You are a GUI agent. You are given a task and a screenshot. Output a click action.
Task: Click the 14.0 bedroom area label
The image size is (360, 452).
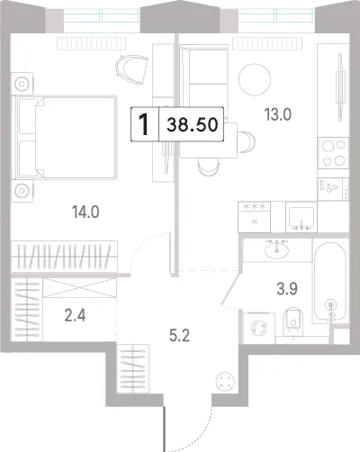[85, 212]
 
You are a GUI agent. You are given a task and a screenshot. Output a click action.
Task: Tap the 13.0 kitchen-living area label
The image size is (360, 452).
[277, 114]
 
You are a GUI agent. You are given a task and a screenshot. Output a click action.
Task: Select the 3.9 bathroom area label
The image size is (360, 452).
[287, 289]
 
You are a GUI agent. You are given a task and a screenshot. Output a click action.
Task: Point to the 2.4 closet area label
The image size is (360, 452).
[75, 316]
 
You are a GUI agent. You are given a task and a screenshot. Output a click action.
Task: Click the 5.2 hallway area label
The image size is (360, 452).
[179, 336]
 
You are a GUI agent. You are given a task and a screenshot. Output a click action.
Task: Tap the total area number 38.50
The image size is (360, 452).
[193, 124]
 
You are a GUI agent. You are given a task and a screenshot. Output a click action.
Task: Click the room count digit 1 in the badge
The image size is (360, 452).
[144, 124]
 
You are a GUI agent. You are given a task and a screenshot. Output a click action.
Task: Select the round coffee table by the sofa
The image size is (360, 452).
[255, 79]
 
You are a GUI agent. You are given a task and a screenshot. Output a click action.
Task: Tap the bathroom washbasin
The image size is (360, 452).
[276, 249]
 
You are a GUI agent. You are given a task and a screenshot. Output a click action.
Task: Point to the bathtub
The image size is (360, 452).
[330, 281]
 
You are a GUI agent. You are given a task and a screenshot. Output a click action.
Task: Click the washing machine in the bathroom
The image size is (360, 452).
[259, 328]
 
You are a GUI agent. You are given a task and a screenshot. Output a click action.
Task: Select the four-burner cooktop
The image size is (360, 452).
[333, 153]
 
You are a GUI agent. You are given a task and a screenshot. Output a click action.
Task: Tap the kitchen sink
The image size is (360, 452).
[301, 217]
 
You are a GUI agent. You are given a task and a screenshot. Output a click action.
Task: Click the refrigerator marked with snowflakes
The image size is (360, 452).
[254, 217]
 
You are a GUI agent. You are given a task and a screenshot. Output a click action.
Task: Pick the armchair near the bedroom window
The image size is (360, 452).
[131, 69]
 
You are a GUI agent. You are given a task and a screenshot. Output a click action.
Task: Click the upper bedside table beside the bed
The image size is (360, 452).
[22, 84]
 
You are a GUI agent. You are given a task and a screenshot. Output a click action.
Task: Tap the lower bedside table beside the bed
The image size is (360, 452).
[22, 191]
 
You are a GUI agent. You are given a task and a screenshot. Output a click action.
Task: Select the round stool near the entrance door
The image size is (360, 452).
[224, 381]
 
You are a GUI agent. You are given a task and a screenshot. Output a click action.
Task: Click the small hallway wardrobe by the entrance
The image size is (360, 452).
[133, 368]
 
